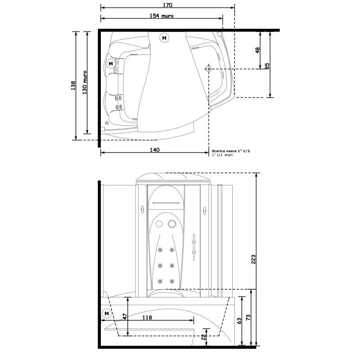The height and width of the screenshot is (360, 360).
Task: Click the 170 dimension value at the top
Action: coord(167,5)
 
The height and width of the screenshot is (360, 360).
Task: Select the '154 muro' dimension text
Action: coord(162,16)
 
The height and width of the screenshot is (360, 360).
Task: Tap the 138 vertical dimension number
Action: coord(73,85)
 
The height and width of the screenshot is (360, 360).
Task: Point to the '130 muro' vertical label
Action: coord(85,83)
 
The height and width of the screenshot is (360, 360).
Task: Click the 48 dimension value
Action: coord(257,50)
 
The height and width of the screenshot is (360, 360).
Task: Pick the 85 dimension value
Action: coord(267,66)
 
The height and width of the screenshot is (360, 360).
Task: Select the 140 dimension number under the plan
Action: coord(154,150)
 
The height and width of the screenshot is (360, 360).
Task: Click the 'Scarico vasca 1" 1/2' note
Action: coord(231,151)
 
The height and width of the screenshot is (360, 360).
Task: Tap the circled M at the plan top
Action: coord(164,38)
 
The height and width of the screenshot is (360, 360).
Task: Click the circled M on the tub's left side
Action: coord(111,63)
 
